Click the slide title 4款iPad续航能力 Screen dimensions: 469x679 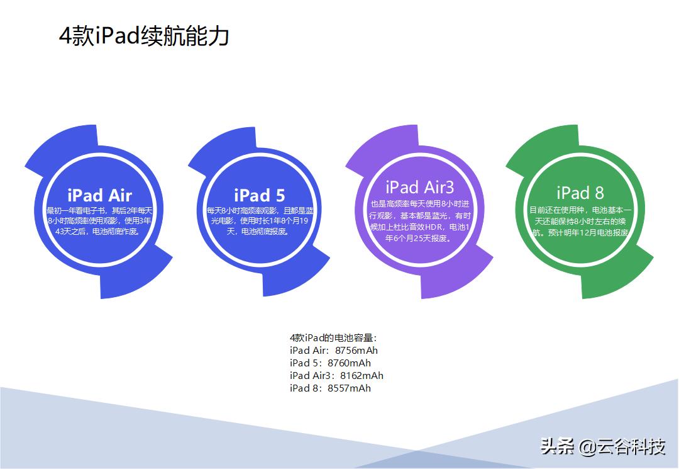click(x=144, y=36)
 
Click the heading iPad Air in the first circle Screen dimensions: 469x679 click(x=99, y=195)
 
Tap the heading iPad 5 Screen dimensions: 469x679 click(x=259, y=195)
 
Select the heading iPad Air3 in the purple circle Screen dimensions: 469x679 click(x=419, y=187)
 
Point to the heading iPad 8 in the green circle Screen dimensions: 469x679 click(x=580, y=193)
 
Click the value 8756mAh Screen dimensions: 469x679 click(x=356, y=351)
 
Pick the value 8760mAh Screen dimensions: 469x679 click(x=349, y=363)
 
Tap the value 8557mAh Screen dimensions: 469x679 click(x=349, y=388)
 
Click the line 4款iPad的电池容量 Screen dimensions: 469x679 click(x=333, y=338)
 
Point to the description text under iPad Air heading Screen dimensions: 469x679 click(x=99, y=221)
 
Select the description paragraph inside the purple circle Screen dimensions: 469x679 click(x=419, y=221)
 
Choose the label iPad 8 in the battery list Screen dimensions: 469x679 click(x=306, y=388)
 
